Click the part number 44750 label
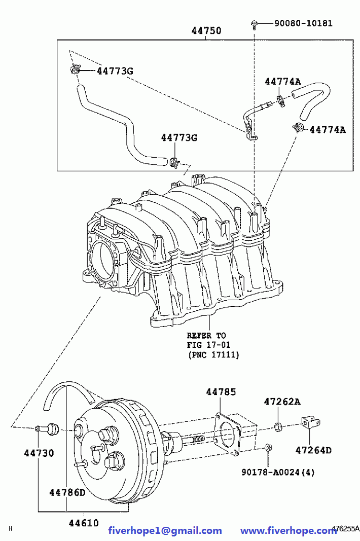pyautogui.click(x=206, y=31)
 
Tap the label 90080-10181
pyautogui.click(x=303, y=23)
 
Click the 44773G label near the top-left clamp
pyautogui.click(x=115, y=71)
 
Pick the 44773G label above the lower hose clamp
pyautogui.click(x=179, y=138)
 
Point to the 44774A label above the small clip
pyautogui.click(x=283, y=82)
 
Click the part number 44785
pyautogui.click(x=221, y=392)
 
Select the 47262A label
pyautogui.click(x=282, y=402)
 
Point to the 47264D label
pyautogui.click(x=313, y=450)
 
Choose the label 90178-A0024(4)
pyautogui.click(x=278, y=472)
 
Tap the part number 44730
pyautogui.click(x=39, y=453)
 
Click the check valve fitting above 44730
pyautogui.click(x=47, y=428)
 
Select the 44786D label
pyautogui.click(x=67, y=492)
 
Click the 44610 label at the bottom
pyautogui.click(x=84, y=523)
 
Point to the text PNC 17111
pyautogui.click(x=213, y=355)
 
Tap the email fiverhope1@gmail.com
pyautogui.click(x=165, y=531)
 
